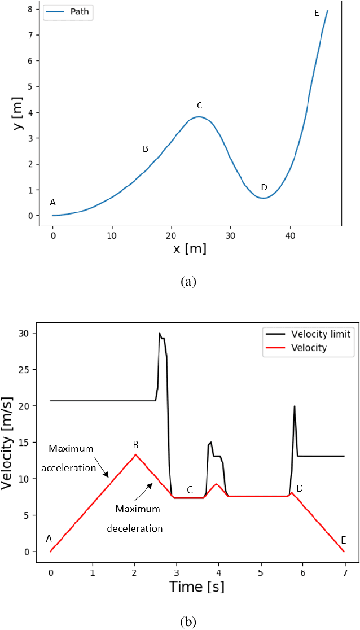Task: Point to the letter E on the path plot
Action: pyautogui.click(x=317, y=12)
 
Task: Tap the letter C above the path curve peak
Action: pyautogui.click(x=199, y=106)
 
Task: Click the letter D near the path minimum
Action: pyautogui.click(x=264, y=187)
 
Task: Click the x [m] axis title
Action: pyautogui.click(x=188, y=249)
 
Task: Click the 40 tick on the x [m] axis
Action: pyautogui.click(x=289, y=233)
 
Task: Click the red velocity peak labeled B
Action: pyautogui.click(x=135, y=454)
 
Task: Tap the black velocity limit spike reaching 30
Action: pyautogui.click(x=160, y=334)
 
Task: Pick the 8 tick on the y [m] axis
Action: pyautogui.click(x=31, y=9)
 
